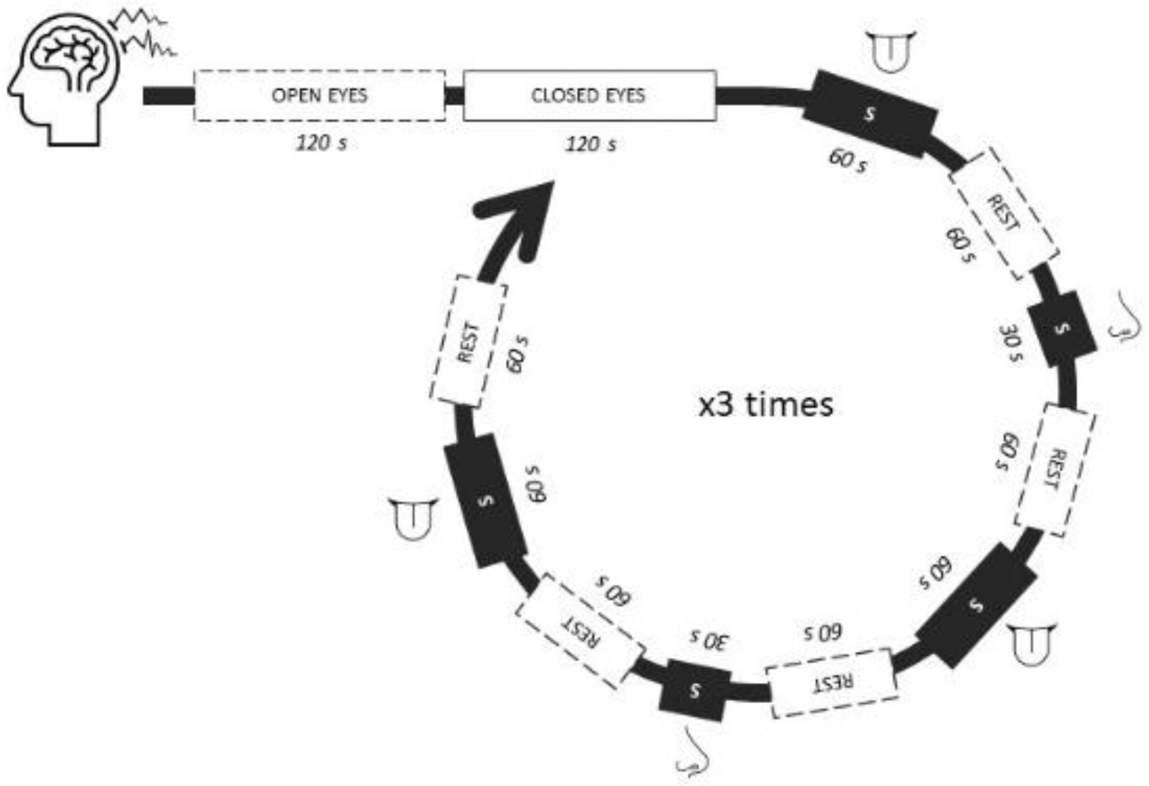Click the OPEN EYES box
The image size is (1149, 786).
click(x=319, y=95)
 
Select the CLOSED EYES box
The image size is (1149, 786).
click(x=589, y=95)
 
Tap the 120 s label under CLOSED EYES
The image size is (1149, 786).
click(x=591, y=144)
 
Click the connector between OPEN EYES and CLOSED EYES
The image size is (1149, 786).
click(x=454, y=95)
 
